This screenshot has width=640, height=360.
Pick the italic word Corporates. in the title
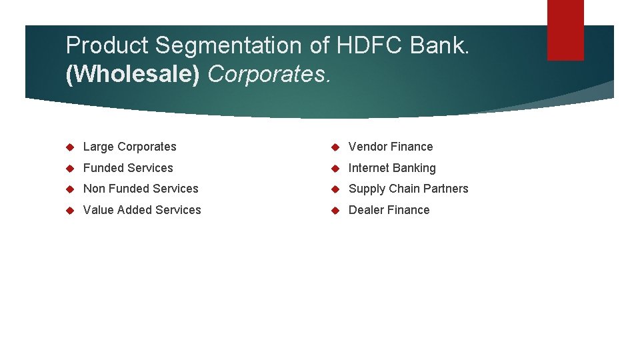(269, 75)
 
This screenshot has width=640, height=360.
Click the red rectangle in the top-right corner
(565, 29)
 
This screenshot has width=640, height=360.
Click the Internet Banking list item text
(392, 168)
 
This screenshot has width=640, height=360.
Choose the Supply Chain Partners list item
(408, 189)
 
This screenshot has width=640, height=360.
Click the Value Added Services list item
(142, 210)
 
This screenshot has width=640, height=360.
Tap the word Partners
(446, 189)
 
